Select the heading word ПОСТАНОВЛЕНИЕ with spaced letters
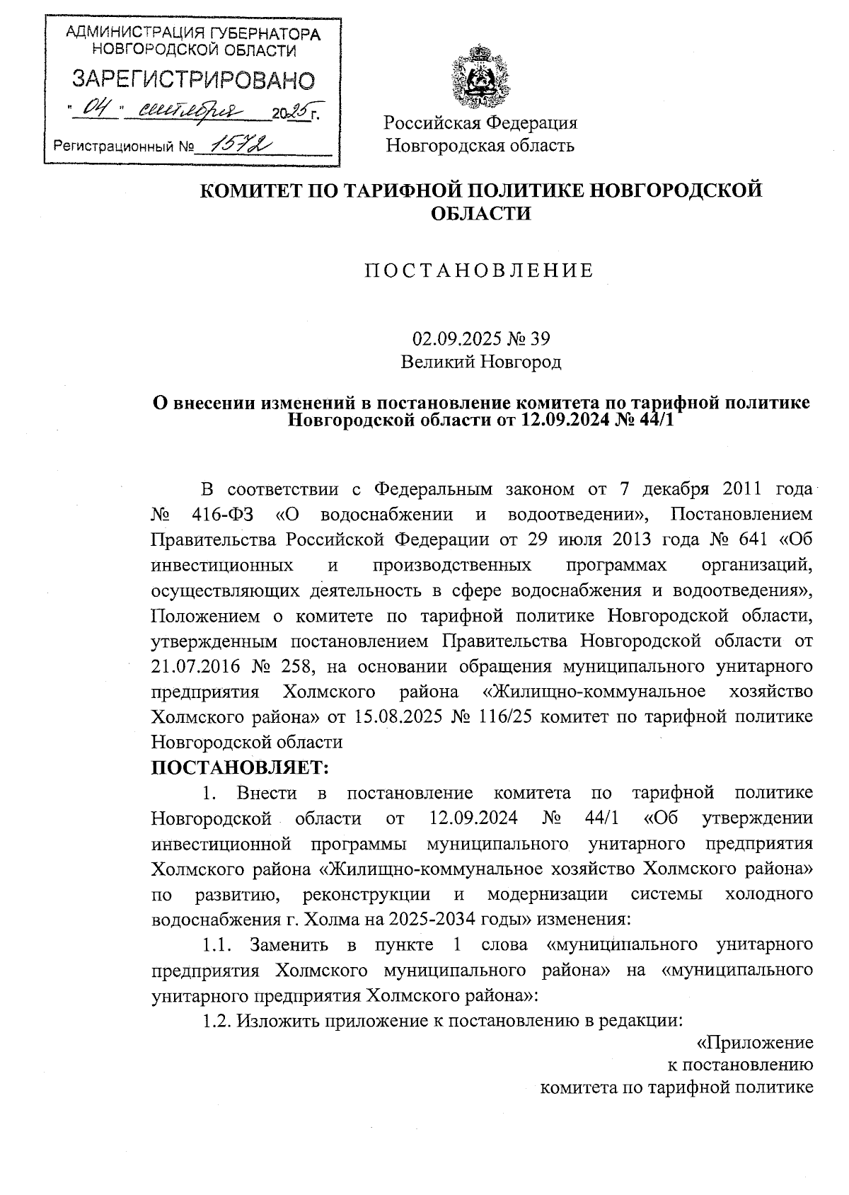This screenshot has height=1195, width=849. click(479, 271)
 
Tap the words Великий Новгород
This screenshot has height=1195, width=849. click(481, 362)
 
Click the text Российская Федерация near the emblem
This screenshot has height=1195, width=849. click(481, 122)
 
